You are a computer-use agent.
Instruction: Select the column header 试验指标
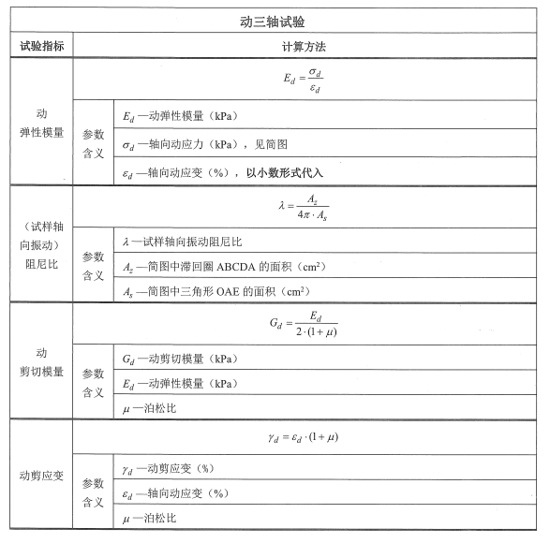[x=41, y=46]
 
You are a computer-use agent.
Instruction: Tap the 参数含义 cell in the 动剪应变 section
[x=93, y=492]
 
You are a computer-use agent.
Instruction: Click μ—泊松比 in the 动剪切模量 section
[x=150, y=409]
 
